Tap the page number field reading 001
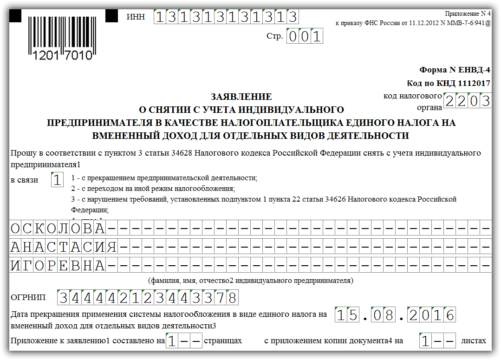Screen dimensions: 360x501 305,36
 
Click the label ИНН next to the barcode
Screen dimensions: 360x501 136,17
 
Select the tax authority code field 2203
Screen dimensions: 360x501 467,100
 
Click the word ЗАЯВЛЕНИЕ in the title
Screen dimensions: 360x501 241,97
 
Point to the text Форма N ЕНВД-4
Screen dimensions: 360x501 455,70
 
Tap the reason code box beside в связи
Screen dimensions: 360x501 57,180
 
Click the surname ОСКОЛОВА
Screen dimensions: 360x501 58,229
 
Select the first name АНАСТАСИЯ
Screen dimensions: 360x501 64,247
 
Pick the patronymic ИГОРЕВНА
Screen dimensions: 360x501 58,265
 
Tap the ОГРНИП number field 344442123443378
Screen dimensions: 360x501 147,297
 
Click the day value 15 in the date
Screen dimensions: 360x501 347,315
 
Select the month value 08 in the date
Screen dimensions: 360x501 383,315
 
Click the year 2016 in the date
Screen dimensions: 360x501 431,315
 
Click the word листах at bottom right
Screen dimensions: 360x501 473,340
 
